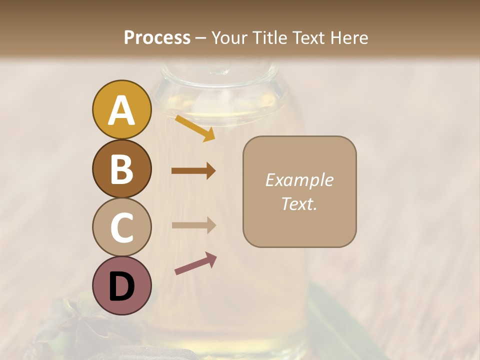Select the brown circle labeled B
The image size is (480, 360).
[121, 169]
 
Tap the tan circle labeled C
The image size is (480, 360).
[121, 227]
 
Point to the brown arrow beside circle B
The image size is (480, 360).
[193, 171]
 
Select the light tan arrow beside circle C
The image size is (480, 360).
[193, 225]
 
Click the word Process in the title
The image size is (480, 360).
[157, 37]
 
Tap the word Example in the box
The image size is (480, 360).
[299, 180]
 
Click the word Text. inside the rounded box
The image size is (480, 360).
[299, 203]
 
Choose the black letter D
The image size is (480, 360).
[121, 286]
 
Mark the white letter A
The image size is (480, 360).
[121, 110]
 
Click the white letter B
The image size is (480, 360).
[121, 169]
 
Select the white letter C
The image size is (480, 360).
[121, 227]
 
